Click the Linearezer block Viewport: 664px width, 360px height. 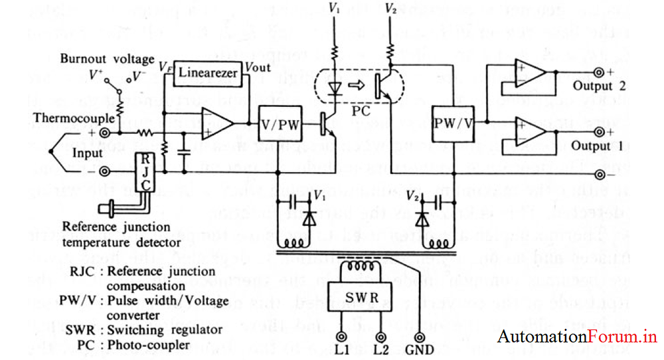208,72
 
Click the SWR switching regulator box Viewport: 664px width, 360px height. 362,298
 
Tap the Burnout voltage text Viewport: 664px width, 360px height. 106,59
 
